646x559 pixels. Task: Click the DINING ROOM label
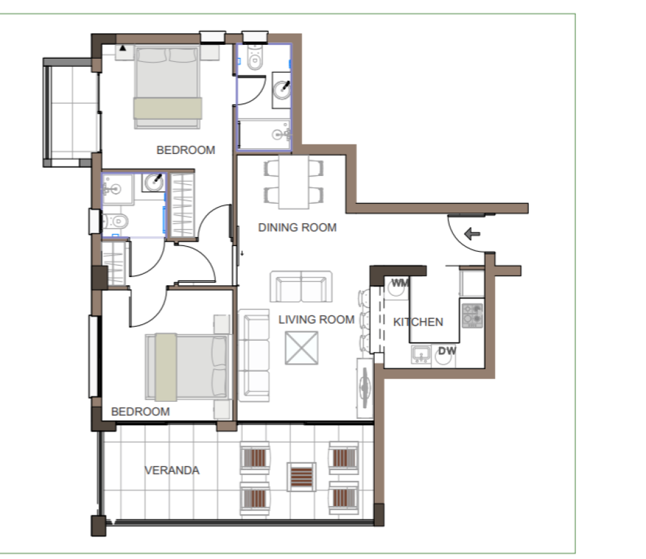tap(297, 227)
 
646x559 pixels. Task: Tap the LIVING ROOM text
tap(317, 320)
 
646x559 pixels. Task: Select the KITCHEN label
tap(418, 322)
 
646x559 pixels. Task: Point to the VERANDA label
tap(172, 471)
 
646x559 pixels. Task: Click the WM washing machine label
tap(399, 283)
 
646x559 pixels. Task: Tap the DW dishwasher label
tap(447, 351)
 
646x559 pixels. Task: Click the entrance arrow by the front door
tap(472, 234)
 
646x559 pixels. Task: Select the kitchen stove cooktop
tap(472, 315)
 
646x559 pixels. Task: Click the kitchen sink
tap(421, 355)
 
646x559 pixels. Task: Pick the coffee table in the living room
tap(302, 348)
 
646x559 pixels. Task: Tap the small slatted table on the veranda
tap(302, 476)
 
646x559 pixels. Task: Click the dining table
tap(294, 182)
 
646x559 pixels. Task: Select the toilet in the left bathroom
tap(115, 221)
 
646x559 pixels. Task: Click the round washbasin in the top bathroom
tap(283, 90)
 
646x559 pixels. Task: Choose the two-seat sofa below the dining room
tap(301, 286)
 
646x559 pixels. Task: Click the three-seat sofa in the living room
tap(254, 355)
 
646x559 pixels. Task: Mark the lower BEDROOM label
tap(141, 411)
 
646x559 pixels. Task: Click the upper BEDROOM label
tap(186, 150)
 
